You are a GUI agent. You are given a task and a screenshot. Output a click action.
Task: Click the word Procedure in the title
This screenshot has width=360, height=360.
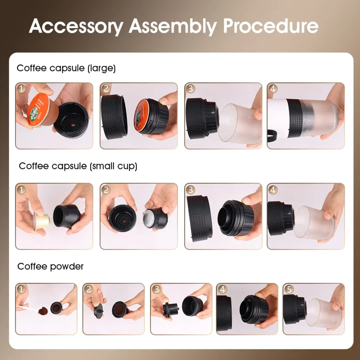click(x=271, y=26)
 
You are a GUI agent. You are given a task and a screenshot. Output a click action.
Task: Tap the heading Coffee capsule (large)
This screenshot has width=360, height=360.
click(x=66, y=68)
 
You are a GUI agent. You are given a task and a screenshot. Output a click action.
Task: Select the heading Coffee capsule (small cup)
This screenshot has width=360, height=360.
click(x=78, y=166)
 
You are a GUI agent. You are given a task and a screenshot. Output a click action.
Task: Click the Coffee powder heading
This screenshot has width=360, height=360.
click(x=50, y=266)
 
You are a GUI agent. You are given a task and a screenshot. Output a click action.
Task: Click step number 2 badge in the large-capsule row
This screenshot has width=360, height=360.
click(x=106, y=89)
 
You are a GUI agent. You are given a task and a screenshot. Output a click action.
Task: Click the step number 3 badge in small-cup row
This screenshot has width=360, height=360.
click(x=191, y=190)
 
